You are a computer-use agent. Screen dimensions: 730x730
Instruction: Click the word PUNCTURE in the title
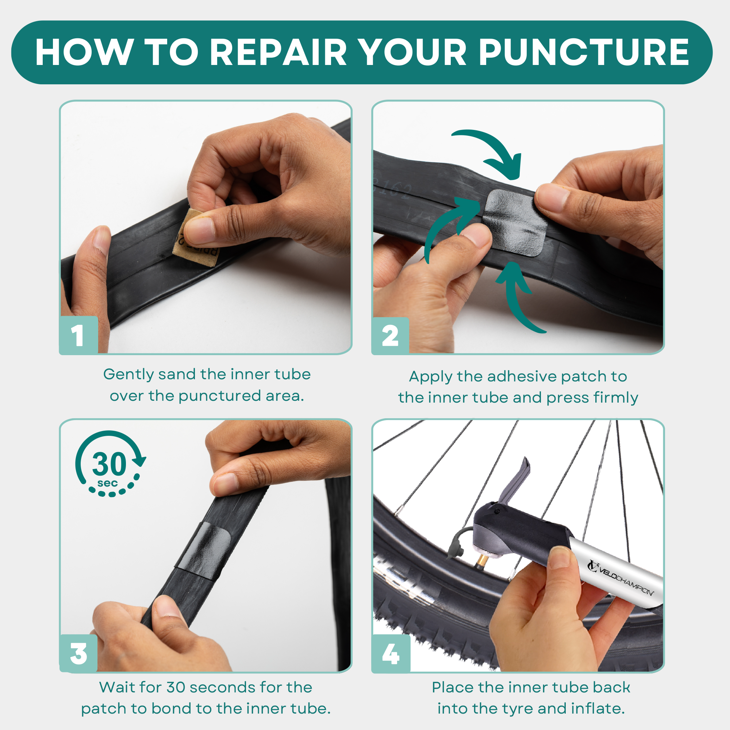[584, 52]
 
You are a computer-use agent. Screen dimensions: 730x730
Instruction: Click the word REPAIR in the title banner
[278, 52]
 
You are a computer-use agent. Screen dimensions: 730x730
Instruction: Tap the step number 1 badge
[78, 335]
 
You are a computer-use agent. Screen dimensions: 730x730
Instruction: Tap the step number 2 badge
[390, 335]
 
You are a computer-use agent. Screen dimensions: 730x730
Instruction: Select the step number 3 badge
[78, 654]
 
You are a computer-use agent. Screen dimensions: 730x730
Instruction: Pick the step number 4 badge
[391, 654]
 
